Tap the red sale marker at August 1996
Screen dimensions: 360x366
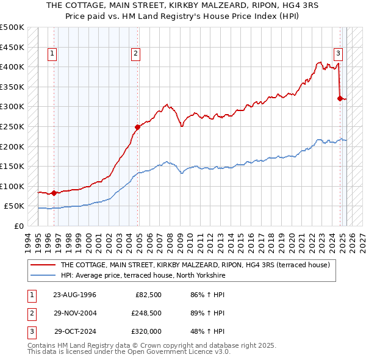tap(54, 193)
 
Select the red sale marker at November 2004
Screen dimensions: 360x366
tap(137, 127)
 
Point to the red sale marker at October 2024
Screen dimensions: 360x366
tap(340, 98)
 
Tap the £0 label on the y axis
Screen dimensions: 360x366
tap(18, 226)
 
